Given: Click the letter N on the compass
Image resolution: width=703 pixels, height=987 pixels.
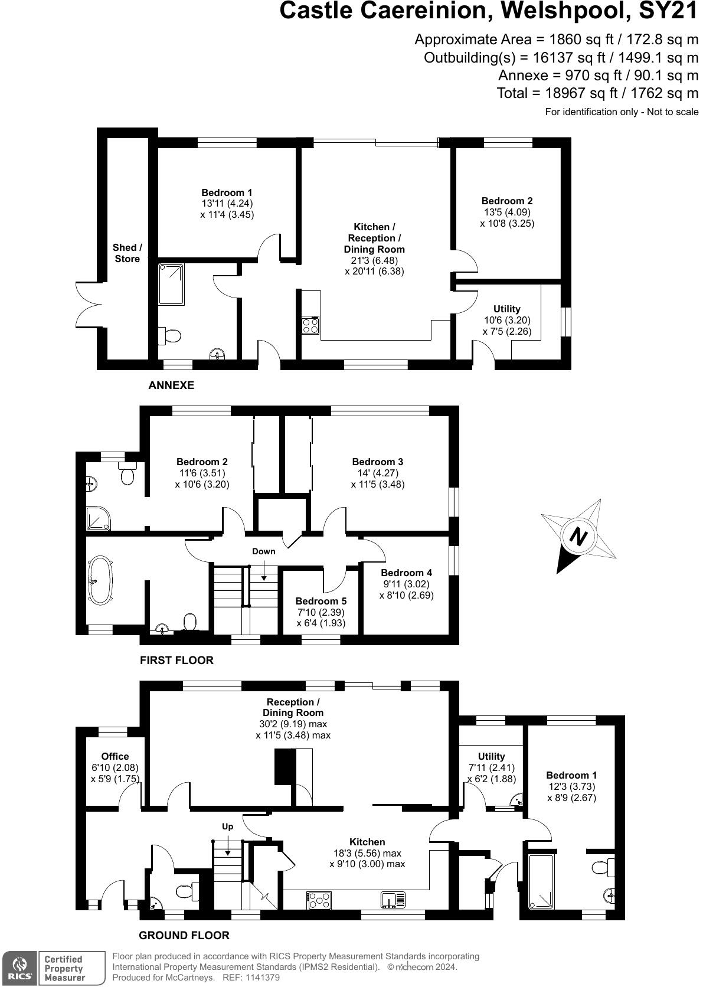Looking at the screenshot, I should (578, 537).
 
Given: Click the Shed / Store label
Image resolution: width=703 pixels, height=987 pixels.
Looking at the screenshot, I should (127, 253).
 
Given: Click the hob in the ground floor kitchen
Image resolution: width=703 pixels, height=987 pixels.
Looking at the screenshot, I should (319, 900).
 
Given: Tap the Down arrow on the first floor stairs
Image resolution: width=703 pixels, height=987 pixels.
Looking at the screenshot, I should (264, 569).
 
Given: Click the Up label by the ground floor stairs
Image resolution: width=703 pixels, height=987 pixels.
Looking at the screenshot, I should (228, 826).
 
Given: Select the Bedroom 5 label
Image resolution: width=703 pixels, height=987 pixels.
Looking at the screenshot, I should (321, 601).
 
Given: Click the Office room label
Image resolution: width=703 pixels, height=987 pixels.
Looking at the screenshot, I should (115, 756).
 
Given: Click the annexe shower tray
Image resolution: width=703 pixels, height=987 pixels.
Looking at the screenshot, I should (171, 285).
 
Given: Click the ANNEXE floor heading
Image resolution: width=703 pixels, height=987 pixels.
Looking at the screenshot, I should (171, 385).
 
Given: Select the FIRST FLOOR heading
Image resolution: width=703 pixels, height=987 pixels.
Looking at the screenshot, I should (176, 660).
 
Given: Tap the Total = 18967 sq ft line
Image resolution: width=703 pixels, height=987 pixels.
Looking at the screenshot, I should (597, 93).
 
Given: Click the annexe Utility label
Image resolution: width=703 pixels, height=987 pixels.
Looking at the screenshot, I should (506, 309).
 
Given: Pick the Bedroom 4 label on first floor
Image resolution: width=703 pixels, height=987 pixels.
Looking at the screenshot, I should (406, 573).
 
